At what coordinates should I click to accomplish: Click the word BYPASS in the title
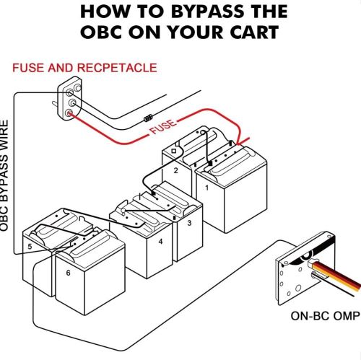click(x=207, y=12)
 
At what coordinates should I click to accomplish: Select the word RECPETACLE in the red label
click(x=117, y=68)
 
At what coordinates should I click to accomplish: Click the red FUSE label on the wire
click(x=163, y=127)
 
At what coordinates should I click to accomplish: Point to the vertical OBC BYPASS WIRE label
click(x=4, y=176)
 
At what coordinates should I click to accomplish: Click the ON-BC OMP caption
click(x=326, y=316)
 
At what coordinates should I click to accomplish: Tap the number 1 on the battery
click(x=206, y=188)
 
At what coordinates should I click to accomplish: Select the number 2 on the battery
click(x=176, y=170)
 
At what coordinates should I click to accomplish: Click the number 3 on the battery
click(x=189, y=223)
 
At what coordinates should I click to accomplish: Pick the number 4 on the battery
click(x=160, y=242)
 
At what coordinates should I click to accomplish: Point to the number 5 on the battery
click(x=30, y=247)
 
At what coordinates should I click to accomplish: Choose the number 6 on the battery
click(x=68, y=273)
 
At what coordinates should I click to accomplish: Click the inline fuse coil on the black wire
click(x=148, y=118)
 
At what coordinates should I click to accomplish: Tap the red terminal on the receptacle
click(x=69, y=113)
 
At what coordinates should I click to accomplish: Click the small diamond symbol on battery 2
click(x=173, y=151)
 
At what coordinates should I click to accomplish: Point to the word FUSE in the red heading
click(x=28, y=68)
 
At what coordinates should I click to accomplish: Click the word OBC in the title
click(x=101, y=32)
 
